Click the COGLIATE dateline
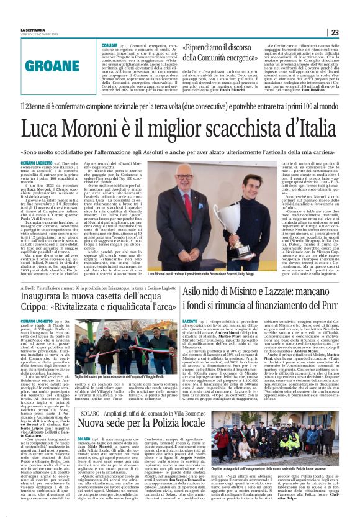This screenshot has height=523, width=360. (109, 46)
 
